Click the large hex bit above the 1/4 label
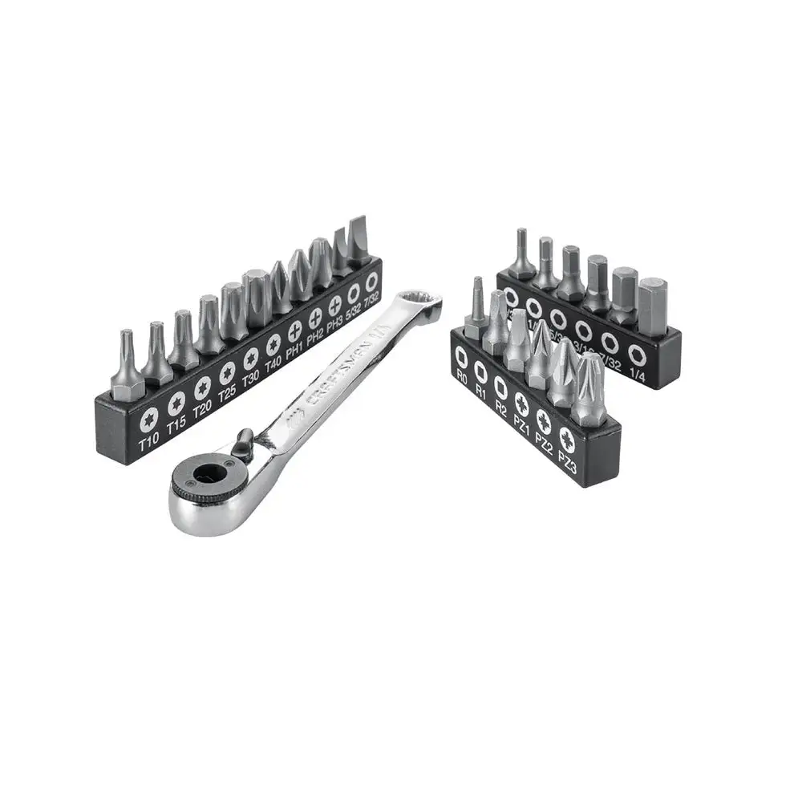[651, 305]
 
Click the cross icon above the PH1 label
[294, 328]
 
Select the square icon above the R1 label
[480, 369]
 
